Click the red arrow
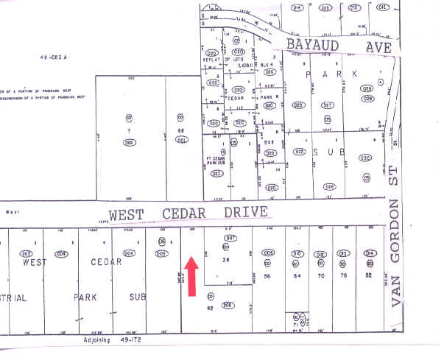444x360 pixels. pyautogui.click(x=192, y=276)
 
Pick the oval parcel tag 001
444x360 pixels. pyautogui.click(x=180, y=141)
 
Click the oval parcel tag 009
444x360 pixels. pyautogui.click(x=269, y=254)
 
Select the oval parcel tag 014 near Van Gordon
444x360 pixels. pyautogui.click(x=370, y=254)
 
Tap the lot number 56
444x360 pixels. pyautogui.click(x=269, y=275)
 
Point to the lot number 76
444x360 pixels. pyautogui.click(x=342, y=275)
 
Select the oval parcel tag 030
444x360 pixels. pyautogui.click(x=364, y=158)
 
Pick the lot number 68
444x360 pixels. pyautogui.click(x=180, y=131)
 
